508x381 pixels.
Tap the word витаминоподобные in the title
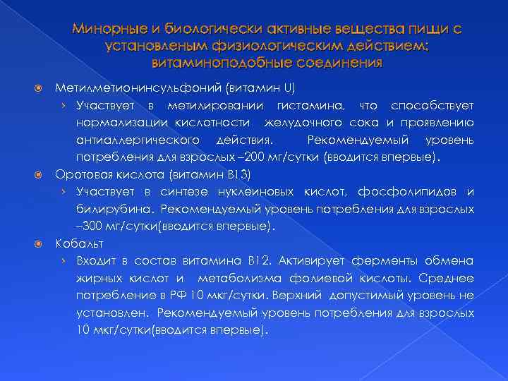[x=212, y=62]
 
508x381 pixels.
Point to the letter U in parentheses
[x=288, y=88]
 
